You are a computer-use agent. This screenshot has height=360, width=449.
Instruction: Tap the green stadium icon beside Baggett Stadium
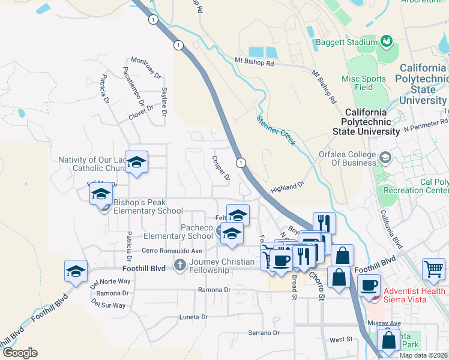pyautogui.click(x=386, y=42)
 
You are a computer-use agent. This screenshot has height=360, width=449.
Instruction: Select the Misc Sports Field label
pyautogui.click(x=364, y=83)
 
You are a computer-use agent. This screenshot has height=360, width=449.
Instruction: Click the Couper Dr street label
pyautogui.click(x=221, y=168)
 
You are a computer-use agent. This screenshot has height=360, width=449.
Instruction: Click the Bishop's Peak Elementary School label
pyautogui.click(x=148, y=206)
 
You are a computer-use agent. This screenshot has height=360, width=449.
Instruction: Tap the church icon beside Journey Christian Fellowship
pyautogui.click(x=179, y=264)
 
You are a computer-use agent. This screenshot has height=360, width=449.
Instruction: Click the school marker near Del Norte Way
pyautogui.click(x=76, y=271)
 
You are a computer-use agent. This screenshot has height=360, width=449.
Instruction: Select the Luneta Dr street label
pyautogui.click(x=193, y=316)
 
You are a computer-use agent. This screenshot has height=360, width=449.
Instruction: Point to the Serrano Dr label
pyautogui.click(x=264, y=332)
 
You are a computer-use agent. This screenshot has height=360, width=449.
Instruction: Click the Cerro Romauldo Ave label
pyautogui.click(x=172, y=250)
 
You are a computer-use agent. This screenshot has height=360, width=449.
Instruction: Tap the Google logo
pyautogui.click(x=20, y=353)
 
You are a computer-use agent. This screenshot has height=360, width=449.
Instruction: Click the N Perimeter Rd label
pyautogui.click(x=426, y=128)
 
